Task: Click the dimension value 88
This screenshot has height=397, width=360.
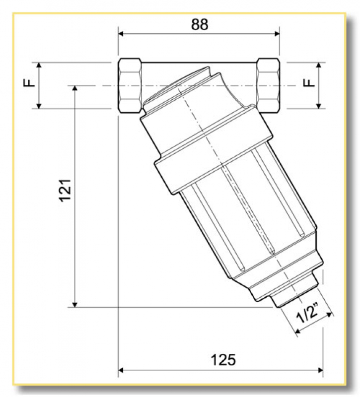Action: coord(200,23)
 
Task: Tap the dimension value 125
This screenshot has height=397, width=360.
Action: coord(222,359)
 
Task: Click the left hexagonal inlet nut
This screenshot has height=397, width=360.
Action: coord(131,85)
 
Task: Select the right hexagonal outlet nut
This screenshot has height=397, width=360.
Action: coord(268,85)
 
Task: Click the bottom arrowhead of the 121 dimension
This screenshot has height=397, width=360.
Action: coord(75,303)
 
